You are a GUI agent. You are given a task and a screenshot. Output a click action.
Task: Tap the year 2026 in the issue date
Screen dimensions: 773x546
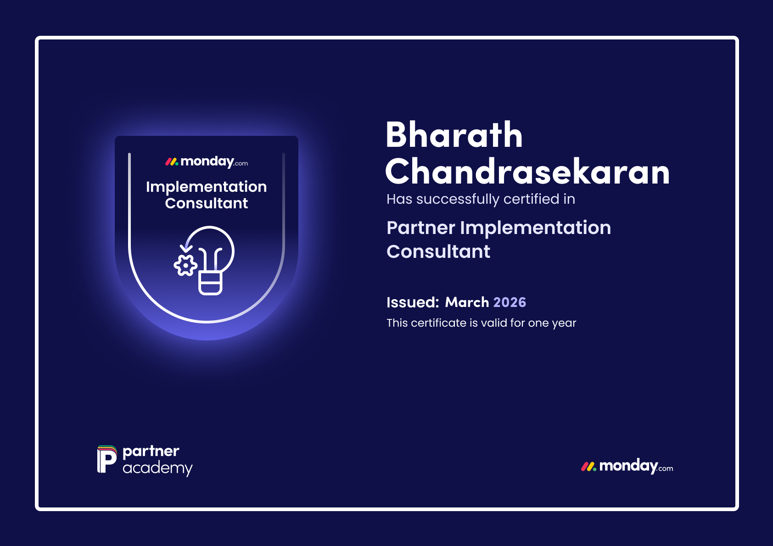coord(510,302)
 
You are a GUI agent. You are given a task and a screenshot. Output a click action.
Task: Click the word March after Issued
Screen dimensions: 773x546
coord(467,302)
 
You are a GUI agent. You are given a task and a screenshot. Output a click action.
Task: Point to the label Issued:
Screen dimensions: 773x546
coord(413,302)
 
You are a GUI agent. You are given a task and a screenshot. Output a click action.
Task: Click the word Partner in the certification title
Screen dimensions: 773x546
coord(420,228)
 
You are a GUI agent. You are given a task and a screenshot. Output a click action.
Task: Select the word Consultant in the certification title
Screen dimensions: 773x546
coord(438,251)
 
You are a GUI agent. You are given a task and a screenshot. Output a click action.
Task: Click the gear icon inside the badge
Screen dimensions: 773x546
coord(185,265)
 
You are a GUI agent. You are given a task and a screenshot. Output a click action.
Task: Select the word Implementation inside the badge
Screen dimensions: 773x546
coord(207,187)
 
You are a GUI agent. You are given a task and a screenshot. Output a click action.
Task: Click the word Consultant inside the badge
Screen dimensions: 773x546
coord(207,203)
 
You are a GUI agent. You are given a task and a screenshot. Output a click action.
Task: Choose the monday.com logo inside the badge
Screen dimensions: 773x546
coord(207,162)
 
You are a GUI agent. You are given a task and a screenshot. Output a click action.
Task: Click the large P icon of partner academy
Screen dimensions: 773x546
coord(106,459)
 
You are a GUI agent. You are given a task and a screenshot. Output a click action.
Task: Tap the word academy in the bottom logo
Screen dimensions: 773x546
coord(158,469)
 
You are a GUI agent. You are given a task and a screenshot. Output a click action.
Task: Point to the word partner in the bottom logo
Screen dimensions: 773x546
coord(151,451)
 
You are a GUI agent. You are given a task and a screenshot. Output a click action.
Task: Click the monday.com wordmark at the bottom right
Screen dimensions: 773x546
coord(636,466)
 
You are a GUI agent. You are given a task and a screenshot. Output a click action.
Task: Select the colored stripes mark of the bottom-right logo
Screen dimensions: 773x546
coord(588,467)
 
